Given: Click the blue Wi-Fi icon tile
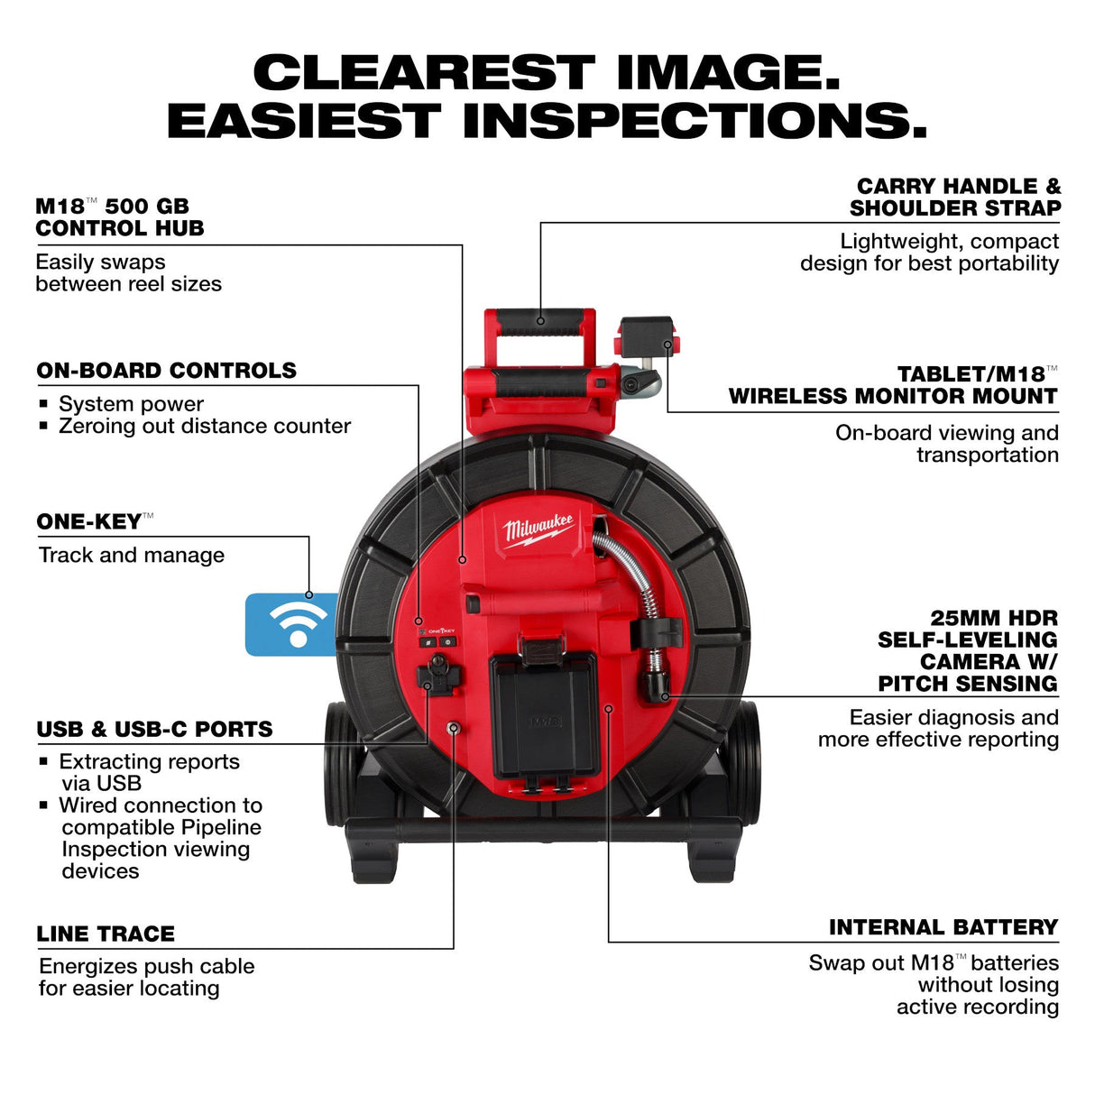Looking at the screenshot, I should tap(290, 624).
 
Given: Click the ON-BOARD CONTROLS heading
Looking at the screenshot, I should tap(166, 371).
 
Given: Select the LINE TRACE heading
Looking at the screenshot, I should tap(106, 934).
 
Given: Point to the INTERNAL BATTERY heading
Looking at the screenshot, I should tap(943, 927).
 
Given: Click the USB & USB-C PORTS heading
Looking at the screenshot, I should tap(154, 729).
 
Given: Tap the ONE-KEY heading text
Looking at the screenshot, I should tap(89, 522).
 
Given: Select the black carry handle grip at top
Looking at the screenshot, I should tap(540, 322).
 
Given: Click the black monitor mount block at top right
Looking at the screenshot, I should tap(647, 335).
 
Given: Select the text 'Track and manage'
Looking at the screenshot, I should tap(132, 556).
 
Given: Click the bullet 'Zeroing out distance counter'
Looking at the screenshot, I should tap(205, 426).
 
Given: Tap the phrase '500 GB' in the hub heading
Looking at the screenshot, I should tap(147, 207).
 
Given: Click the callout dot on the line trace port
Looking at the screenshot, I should tap(454, 727).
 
